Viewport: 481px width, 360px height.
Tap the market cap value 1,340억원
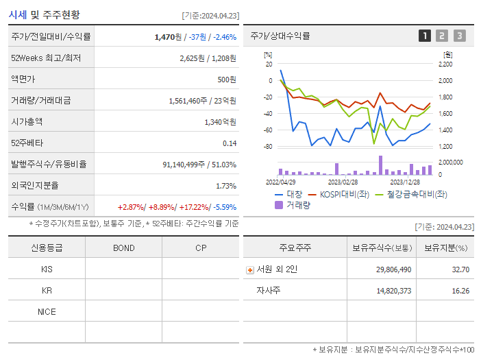220,122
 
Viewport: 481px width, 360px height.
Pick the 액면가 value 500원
226,80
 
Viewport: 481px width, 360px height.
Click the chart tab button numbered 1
425,36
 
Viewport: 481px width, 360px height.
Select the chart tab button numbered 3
459,36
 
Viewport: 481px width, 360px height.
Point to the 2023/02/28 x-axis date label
343,182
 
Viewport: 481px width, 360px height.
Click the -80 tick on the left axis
268,147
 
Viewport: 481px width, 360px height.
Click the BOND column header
123,248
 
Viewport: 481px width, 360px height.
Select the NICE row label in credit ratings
47,311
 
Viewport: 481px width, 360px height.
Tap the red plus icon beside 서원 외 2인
249,269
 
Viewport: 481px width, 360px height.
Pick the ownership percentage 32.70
460,269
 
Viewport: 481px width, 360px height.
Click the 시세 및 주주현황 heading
45,14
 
